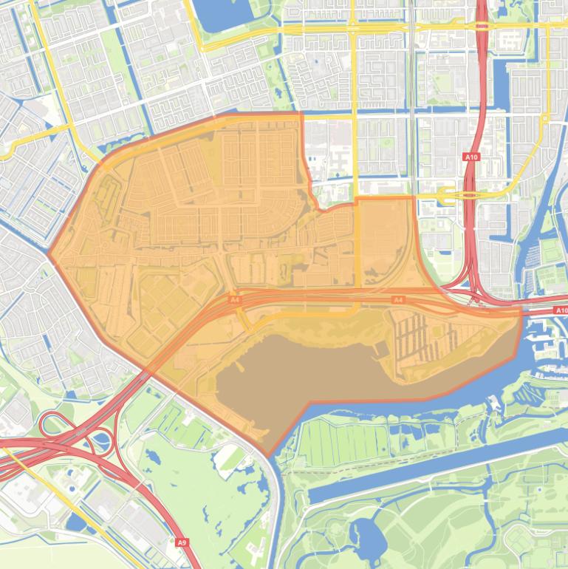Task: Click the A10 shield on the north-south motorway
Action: [471, 157]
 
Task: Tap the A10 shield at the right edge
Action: [561, 310]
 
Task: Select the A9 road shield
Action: [182, 542]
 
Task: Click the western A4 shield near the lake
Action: [235, 300]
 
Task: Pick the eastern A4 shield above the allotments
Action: [398, 300]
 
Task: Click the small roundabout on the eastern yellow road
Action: [544, 117]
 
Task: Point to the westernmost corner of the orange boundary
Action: [49, 253]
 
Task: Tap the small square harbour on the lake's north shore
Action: [379, 348]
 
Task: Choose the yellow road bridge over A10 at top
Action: [482, 26]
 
